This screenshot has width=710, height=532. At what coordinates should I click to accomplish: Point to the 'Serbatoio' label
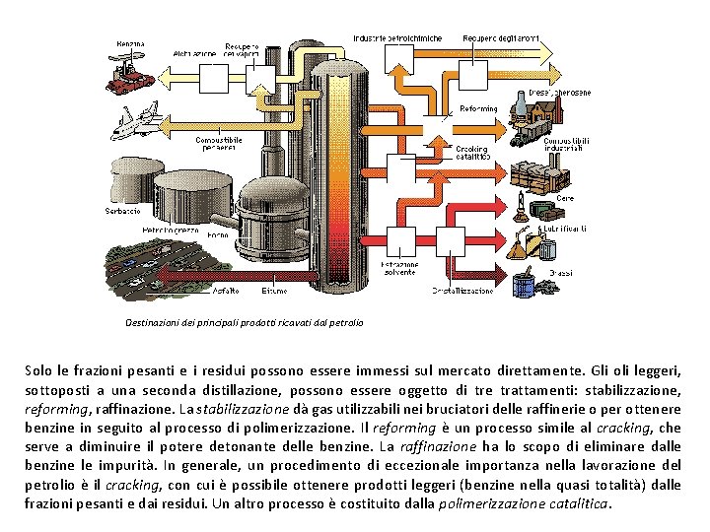pyautogui.click(x=122, y=211)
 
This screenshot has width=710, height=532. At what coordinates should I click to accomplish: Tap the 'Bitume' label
pyautogui.click(x=275, y=290)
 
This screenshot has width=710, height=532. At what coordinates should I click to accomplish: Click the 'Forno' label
pyautogui.click(x=217, y=235)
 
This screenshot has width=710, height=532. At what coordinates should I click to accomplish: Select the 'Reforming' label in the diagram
pyautogui.click(x=478, y=108)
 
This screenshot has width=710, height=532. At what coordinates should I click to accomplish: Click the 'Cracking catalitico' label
pyautogui.click(x=471, y=153)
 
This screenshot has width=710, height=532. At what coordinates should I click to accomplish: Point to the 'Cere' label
pyautogui.click(x=565, y=199)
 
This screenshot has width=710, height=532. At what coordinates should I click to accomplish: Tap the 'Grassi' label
pyautogui.click(x=561, y=272)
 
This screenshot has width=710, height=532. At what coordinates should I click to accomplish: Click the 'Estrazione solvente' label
pyautogui.click(x=399, y=268)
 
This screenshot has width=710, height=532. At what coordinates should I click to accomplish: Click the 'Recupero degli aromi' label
pyautogui.click(x=501, y=38)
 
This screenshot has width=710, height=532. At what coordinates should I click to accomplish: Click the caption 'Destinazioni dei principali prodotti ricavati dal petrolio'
pyautogui.click(x=244, y=322)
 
